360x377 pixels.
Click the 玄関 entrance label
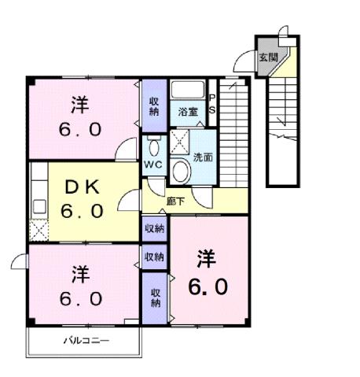coord(268,57)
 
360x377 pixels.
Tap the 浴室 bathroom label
coord(187,112)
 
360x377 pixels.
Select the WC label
coord(153,164)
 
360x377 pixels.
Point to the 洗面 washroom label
coord(202,156)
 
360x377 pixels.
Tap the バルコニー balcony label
coord(86,341)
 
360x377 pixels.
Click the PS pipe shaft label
coord(211,105)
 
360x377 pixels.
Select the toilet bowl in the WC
coord(153,146)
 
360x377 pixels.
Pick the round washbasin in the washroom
coord(182,172)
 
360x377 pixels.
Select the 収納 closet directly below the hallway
coord(154,228)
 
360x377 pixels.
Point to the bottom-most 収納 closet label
coord(155,297)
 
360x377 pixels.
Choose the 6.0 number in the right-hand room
coord(208,286)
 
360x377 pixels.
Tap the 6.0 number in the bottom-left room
coord(79,299)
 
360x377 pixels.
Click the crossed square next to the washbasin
coord(180,142)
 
